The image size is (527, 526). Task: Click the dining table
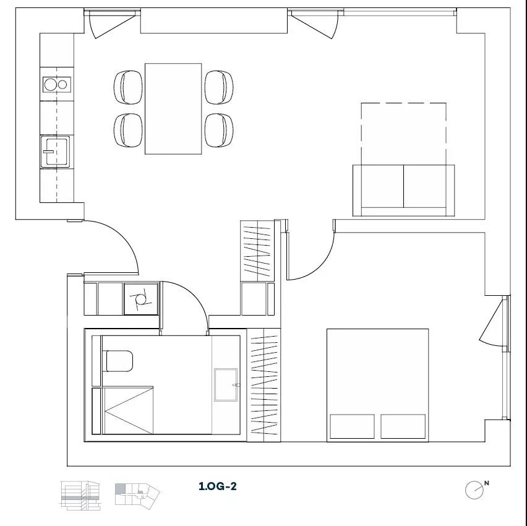[x=173, y=109]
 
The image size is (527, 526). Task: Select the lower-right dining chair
[x=219, y=130]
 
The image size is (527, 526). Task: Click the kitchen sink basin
[x=56, y=152]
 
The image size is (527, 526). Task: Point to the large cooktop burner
[x=51, y=84]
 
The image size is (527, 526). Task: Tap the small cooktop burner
[x=62, y=84]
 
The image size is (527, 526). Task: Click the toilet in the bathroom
[x=119, y=361]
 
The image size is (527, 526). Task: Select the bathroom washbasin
[x=226, y=385]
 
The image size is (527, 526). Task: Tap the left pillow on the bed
[x=352, y=426]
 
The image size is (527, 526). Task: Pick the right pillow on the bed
[x=403, y=426]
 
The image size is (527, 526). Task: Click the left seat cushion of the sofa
[x=382, y=186]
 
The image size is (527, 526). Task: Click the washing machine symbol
[x=141, y=299]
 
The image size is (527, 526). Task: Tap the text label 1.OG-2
[x=218, y=486]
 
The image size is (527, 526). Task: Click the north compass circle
[x=474, y=490]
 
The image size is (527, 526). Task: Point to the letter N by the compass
[x=487, y=483]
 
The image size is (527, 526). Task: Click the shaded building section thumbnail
[x=80, y=496]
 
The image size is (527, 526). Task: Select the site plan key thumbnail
[x=137, y=494]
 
